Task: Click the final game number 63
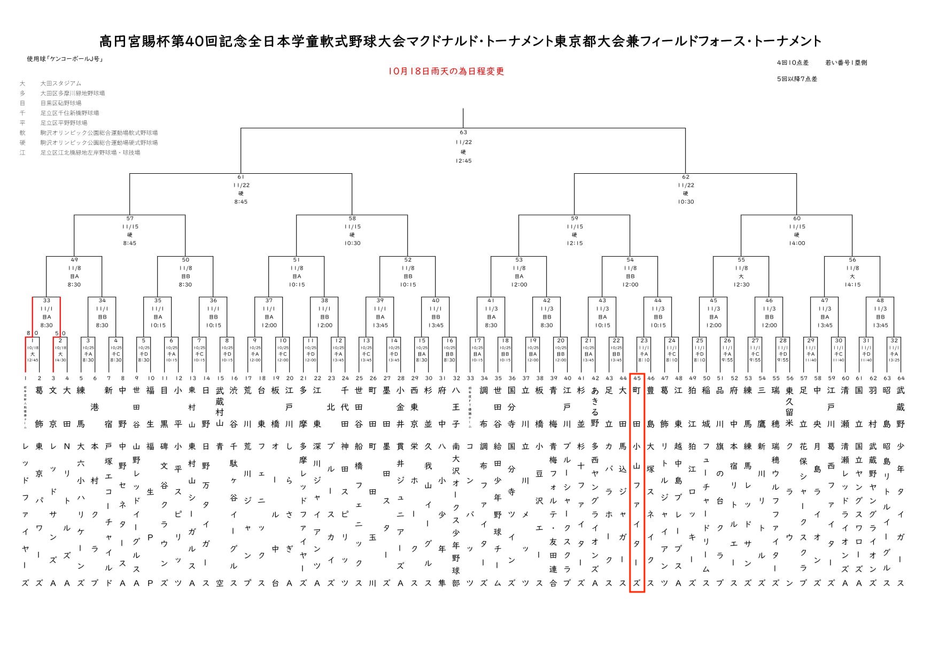463,132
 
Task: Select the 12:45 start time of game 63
463,161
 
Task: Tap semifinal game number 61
240,177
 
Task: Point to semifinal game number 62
686,177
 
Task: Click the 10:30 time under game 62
686,202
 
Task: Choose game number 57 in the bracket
130,218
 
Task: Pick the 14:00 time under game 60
797,243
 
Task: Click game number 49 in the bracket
74,260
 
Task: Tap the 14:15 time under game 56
852,285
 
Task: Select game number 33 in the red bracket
46,300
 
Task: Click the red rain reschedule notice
447,72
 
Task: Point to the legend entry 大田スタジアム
61,83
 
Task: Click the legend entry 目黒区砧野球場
61,103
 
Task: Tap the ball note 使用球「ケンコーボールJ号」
65,59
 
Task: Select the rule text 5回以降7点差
797,79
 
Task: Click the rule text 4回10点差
793,63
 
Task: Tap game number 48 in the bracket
880,300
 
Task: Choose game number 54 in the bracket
630,260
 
